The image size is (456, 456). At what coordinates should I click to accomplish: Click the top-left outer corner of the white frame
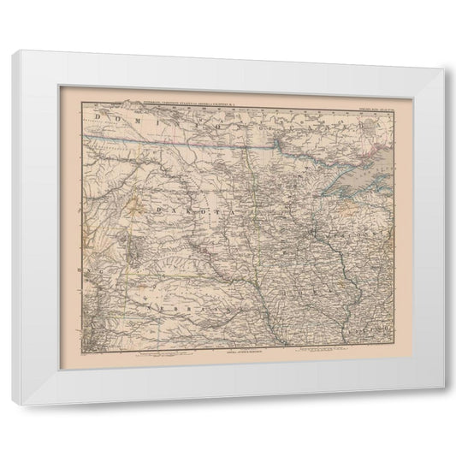(x=13, y=50)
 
